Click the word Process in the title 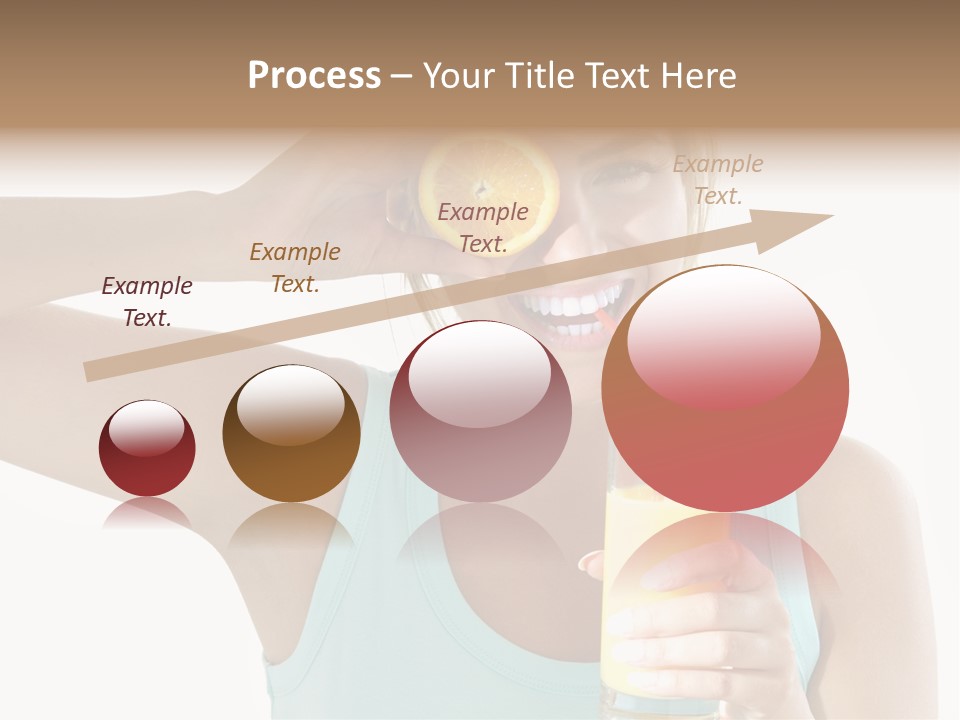pyautogui.click(x=314, y=76)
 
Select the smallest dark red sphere pyautogui.click(x=147, y=449)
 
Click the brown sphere pyautogui.click(x=291, y=434)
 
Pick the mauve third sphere pyautogui.click(x=481, y=412)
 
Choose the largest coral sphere pyautogui.click(x=725, y=388)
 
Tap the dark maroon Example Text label pyautogui.click(x=147, y=301)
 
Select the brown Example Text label pyautogui.click(x=295, y=267)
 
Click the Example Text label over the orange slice pyautogui.click(x=483, y=227)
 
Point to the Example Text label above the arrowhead pyautogui.click(x=718, y=180)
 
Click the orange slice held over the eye pyautogui.click(x=488, y=180)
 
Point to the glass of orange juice pyautogui.click(x=640, y=600)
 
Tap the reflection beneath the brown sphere pyautogui.click(x=291, y=525)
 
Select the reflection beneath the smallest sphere pyautogui.click(x=147, y=513)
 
